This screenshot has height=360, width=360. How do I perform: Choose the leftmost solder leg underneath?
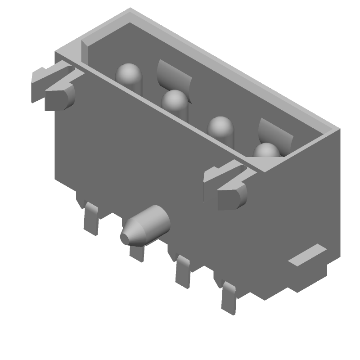(91, 218)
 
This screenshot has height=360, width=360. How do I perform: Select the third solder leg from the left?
(183, 272)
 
